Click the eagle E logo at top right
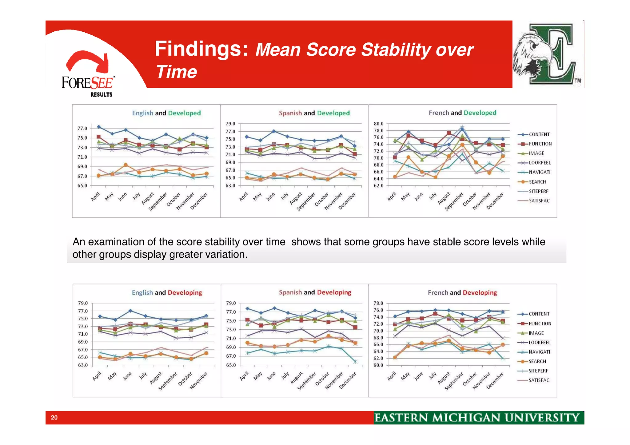tap(548, 54)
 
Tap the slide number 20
tap(54, 417)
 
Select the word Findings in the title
tap(201, 49)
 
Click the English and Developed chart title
tap(166, 113)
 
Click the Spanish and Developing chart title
tap(315, 292)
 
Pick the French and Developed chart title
tap(462, 113)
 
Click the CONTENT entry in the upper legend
tap(539, 134)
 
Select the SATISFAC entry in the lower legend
tap(539, 380)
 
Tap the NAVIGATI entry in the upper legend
tap(539, 172)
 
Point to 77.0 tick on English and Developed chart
tap(82, 128)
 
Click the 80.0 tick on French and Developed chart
tap(378, 124)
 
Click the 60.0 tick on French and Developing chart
tap(378, 365)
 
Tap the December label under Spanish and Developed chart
tap(347, 201)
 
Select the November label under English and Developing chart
tap(198, 380)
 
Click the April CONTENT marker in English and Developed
tap(99, 127)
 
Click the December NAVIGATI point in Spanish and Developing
tap(355, 362)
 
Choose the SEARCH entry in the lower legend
tap(537, 361)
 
